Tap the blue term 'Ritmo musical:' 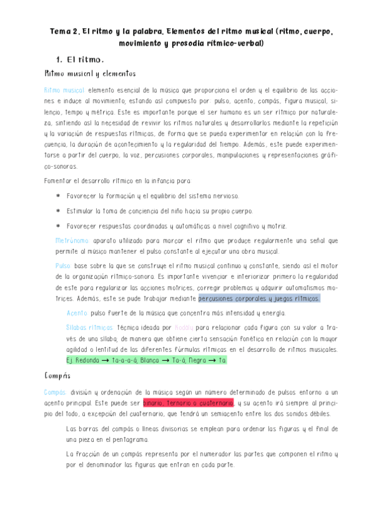(x=65, y=90)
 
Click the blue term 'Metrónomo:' (x=72, y=240)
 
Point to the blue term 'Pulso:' (x=63, y=266)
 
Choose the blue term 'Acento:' (x=77, y=313)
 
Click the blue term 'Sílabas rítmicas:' (x=89, y=327)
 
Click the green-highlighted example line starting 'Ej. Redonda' (x=146, y=361)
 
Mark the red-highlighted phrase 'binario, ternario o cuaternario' (x=188, y=403)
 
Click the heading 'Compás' (x=57, y=376)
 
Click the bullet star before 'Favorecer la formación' (x=58, y=196)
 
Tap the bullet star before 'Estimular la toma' (x=58, y=211)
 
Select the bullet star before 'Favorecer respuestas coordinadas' (x=58, y=226)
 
